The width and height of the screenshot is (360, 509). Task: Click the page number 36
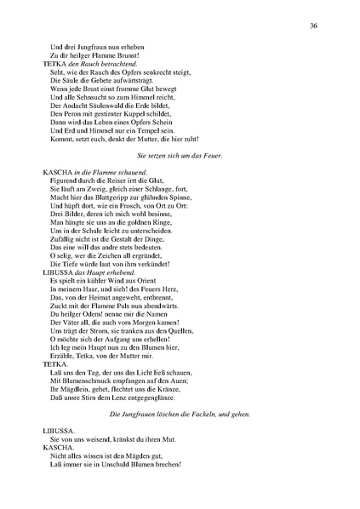pyautogui.click(x=314, y=26)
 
